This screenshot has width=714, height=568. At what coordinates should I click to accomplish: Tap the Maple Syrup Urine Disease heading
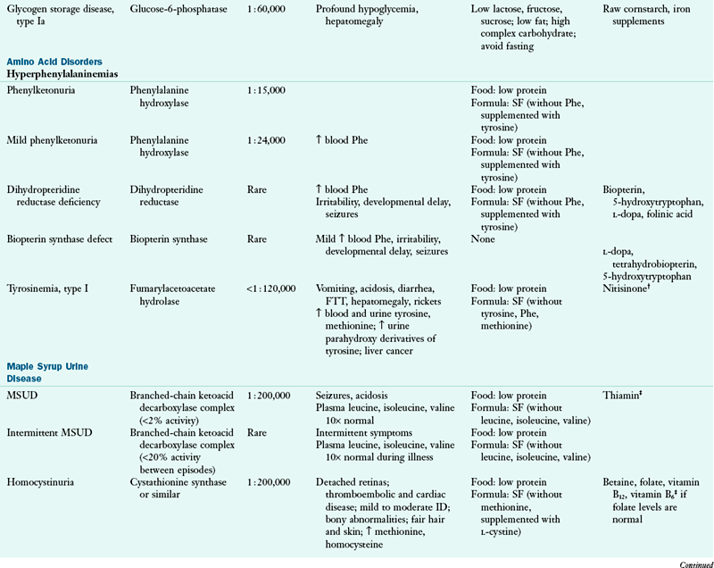point(49,372)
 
